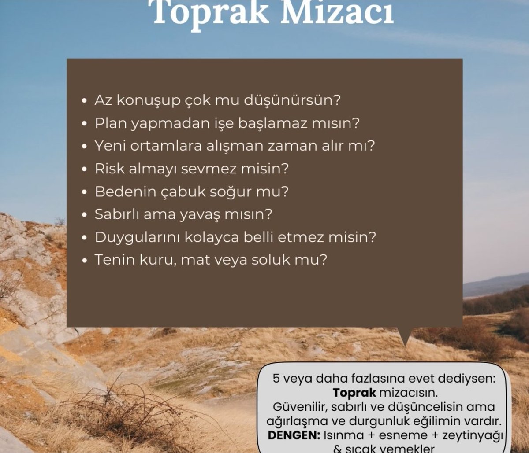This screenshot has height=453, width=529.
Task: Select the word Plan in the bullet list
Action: [x=110, y=123]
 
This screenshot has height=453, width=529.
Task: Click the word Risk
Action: [x=109, y=169]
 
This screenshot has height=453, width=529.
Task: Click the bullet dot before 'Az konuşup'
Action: [x=85, y=101]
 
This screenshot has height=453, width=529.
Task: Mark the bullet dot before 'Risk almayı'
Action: [x=85, y=169]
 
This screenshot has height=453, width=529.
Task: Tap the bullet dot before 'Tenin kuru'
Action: [x=85, y=261]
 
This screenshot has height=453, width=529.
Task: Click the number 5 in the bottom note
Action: [x=276, y=379]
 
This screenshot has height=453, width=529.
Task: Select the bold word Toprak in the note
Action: [x=348, y=392]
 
